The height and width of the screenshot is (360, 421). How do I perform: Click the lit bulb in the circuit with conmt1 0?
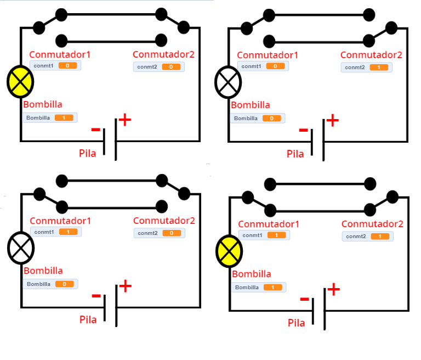pos(20,82)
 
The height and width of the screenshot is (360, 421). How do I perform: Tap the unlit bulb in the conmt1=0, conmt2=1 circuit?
pos(227,82)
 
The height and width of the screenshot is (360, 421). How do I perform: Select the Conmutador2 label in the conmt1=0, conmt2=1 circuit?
pos(371,55)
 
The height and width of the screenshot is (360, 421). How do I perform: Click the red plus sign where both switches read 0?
pos(125,120)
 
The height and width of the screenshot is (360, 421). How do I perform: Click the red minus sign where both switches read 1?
pos(305,299)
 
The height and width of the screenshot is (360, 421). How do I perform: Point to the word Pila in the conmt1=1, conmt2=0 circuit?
pos(88,319)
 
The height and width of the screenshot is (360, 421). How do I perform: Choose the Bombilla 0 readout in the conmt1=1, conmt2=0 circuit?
pos(50,284)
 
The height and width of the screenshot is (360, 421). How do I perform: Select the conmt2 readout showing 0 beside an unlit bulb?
pos(159,233)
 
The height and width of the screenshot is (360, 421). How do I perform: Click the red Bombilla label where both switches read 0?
pos(42,104)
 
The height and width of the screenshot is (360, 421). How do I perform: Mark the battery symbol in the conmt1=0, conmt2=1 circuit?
pos(317,140)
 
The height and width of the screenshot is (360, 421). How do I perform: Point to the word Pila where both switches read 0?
pos(88,153)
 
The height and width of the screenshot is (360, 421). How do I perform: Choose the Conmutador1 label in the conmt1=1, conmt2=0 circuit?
pos(60,221)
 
